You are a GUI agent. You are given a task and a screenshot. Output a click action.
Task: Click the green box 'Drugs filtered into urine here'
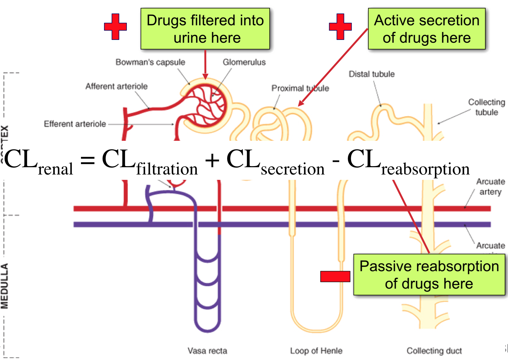(x=205, y=29)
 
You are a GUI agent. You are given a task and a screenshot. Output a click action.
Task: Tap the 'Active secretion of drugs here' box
(x=426, y=29)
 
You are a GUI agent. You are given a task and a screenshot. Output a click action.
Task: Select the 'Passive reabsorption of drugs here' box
(x=429, y=275)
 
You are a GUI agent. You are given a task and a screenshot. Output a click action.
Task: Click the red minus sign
(x=335, y=276)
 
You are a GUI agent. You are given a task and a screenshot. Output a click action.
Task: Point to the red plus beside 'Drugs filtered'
(x=115, y=27)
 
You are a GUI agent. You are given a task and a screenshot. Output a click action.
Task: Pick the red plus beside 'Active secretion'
(x=340, y=27)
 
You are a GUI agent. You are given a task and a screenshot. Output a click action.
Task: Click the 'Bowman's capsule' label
(x=150, y=62)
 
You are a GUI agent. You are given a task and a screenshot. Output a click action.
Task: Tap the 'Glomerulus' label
(x=244, y=62)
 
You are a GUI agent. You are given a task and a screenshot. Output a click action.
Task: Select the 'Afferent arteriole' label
(x=116, y=86)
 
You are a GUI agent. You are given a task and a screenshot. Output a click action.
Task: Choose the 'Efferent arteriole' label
(x=75, y=124)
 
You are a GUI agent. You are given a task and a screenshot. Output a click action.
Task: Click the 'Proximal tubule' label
(x=300, y=88)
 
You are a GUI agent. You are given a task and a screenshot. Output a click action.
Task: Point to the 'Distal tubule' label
(x=372, y=74)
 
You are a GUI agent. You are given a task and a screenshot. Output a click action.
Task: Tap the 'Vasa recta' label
(x=207, y=351)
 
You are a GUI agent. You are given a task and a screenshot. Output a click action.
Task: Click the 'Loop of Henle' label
(x=316, y=351)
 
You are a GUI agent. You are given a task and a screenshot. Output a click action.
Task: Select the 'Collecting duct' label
(x=434, y=351)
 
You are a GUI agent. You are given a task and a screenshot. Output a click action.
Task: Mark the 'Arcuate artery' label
(x=490, y=187)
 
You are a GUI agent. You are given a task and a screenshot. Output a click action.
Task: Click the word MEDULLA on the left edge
(x=5, y=286)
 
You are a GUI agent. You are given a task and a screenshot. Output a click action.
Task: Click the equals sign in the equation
(x=87, y=160)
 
